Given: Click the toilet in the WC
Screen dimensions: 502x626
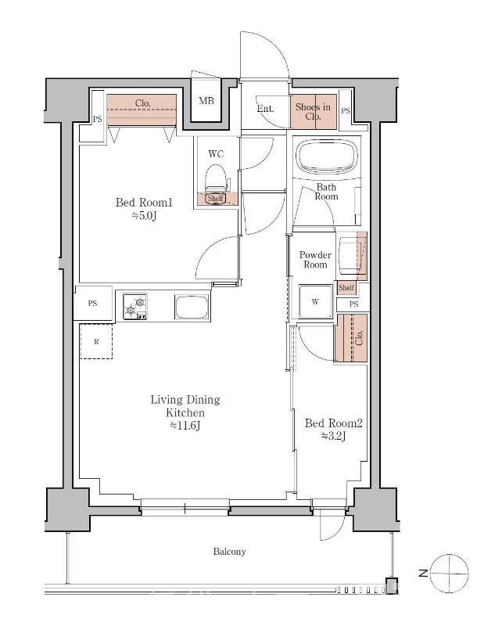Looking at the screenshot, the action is [x=217, y=180].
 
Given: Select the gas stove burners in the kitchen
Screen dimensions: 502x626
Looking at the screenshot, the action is [x=134, y=306].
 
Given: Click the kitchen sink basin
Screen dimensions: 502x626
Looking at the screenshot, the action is [x=192, y=307].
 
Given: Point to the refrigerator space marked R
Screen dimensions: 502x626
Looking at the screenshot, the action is [x=96, y=341].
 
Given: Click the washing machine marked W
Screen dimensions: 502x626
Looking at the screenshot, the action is [x=316, y=301].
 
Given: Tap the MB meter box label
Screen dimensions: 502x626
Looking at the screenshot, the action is [x=206, y=101].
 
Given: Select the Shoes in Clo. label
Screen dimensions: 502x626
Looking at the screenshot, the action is [x=314, y=112].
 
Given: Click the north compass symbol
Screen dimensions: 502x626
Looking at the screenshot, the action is [x=450, y=573].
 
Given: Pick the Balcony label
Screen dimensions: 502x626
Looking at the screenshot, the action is [x=229, y=552].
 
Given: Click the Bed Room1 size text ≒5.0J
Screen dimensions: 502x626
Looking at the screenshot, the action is [x=144, y=216].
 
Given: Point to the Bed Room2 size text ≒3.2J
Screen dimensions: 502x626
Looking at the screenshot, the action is [x=334, y=436].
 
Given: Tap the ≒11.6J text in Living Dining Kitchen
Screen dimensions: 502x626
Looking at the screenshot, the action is [x=185, y=425].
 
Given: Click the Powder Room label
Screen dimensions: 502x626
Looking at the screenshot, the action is [x=315, y=260].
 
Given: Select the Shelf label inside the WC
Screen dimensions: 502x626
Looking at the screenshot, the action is [x=216, y=198].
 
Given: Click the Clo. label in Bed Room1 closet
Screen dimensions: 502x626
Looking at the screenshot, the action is [x=142, y=103].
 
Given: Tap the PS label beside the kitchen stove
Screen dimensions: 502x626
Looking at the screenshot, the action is [x=92, y=303].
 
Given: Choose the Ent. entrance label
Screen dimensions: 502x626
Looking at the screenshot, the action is [x=265, y=108].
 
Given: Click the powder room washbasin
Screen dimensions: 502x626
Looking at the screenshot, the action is [x=350, y=255].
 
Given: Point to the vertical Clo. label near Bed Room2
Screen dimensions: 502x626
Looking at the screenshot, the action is [x=359, y=337].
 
